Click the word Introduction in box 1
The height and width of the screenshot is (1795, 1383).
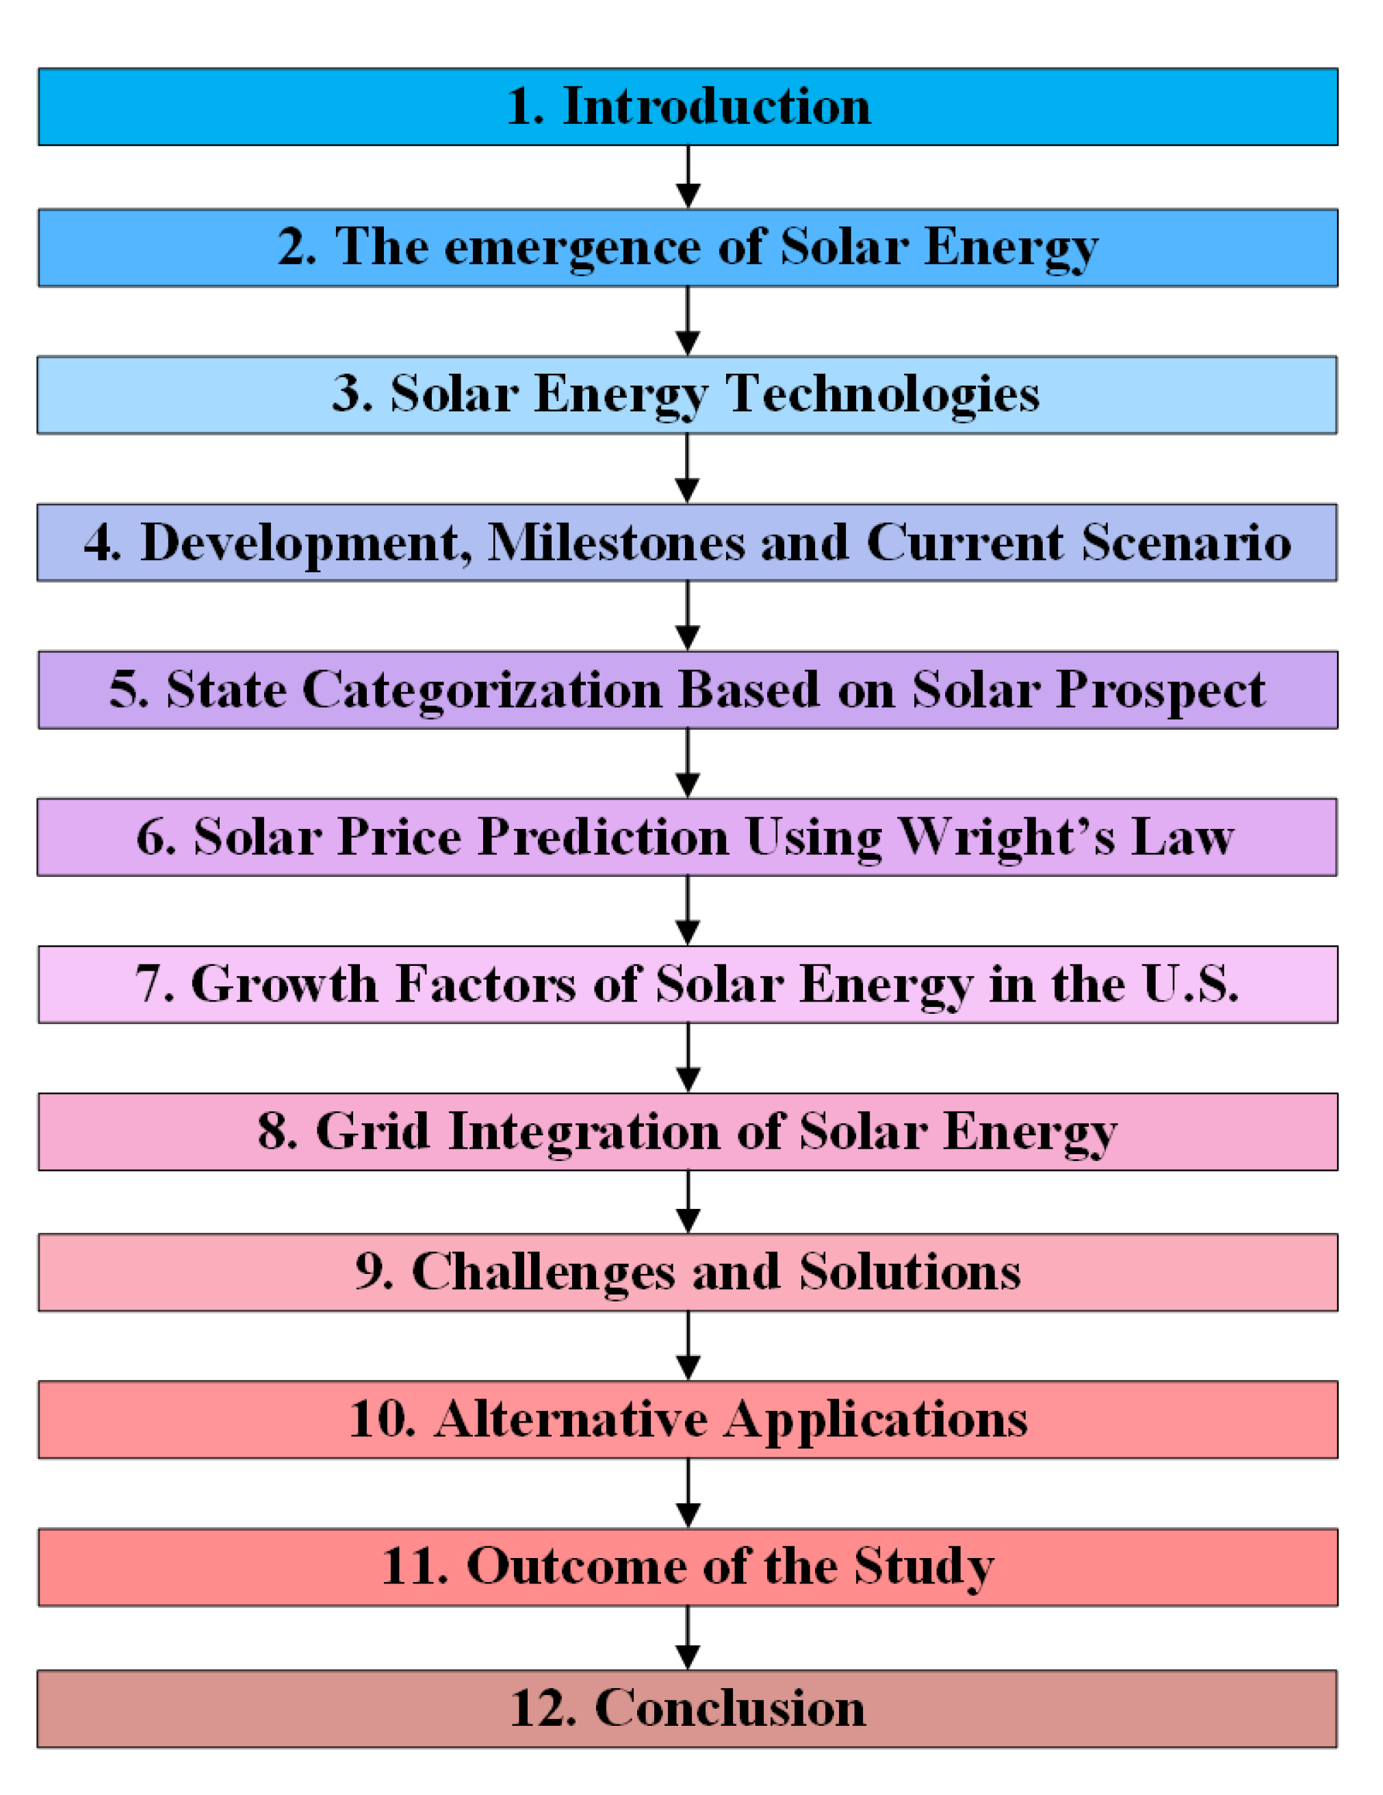tap(716, 107)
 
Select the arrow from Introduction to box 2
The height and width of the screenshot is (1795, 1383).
tap(688, 177)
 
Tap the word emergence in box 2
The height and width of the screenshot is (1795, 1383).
tap(572, 249)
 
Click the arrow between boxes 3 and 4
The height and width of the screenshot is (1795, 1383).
tap(687, 468)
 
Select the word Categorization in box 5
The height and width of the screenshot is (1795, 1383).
tap(482, 690)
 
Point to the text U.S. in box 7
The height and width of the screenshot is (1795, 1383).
tap(1190, 984)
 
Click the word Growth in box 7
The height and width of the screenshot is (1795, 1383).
tap(283, 984)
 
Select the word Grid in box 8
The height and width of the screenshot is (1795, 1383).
tap(372, 1131)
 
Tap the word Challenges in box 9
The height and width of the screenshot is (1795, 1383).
tap(543, 1272)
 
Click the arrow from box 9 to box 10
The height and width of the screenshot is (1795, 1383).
tap(688, 1346)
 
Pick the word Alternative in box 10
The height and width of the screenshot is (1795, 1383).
tap(571, 1419)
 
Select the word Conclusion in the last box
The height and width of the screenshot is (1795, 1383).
tap(729, 1708)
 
